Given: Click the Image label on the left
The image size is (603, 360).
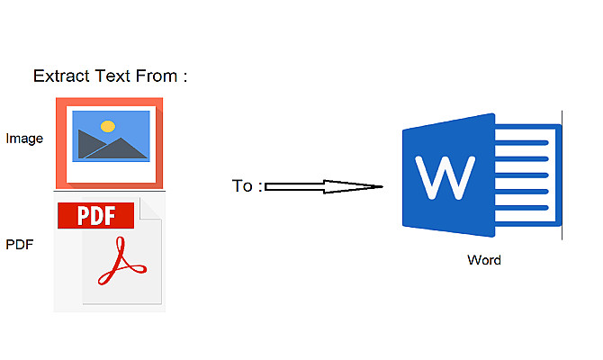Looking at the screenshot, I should (x=24, y=139).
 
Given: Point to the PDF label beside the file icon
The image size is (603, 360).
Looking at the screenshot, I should (x=20, y=243).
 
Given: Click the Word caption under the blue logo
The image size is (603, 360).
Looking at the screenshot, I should (x=484, y=260).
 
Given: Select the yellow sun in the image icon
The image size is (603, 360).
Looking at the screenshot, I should (x=108, y=126).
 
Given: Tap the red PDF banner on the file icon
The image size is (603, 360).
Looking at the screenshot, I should (x=95, y=215).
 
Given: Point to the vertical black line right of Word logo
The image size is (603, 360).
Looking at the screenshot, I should (x=563, y=175).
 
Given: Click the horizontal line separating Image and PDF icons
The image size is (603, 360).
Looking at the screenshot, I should (x=109, y=191).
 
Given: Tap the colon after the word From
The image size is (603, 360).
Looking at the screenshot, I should (x=184, y=77).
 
